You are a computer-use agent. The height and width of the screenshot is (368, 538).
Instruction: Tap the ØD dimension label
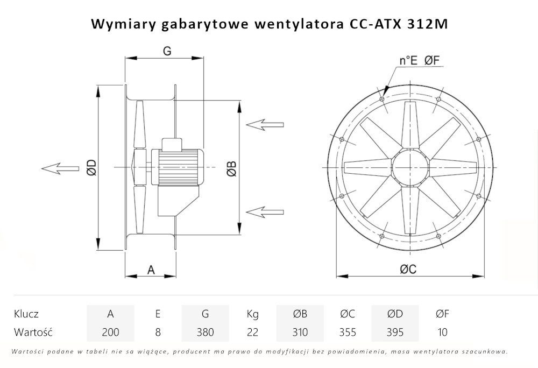tap(91, 168)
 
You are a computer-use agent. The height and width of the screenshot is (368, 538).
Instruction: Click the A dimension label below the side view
tap(151, 270)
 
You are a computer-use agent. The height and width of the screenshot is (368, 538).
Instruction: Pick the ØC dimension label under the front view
tap(408, 270)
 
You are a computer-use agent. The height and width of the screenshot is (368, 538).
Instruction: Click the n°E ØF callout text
tap(420, 61)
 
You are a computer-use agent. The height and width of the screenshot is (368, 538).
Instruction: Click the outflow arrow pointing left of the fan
tap(59, 168)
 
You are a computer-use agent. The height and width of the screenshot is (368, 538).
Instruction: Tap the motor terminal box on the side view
tap(173, 144)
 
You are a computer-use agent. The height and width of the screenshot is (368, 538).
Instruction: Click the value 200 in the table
tap(110, 332)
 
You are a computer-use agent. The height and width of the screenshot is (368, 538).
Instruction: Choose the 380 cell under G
tap(205, 332)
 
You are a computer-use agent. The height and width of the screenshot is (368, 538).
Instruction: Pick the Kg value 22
tap(252, 332)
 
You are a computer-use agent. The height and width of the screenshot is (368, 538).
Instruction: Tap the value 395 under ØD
tap(395, 332)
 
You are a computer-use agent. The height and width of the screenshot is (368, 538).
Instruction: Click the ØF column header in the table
tap(442, 314)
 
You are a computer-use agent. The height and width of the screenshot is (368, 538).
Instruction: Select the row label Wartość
tap(33, 332)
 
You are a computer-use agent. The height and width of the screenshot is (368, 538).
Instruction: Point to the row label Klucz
tap(26, 314)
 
